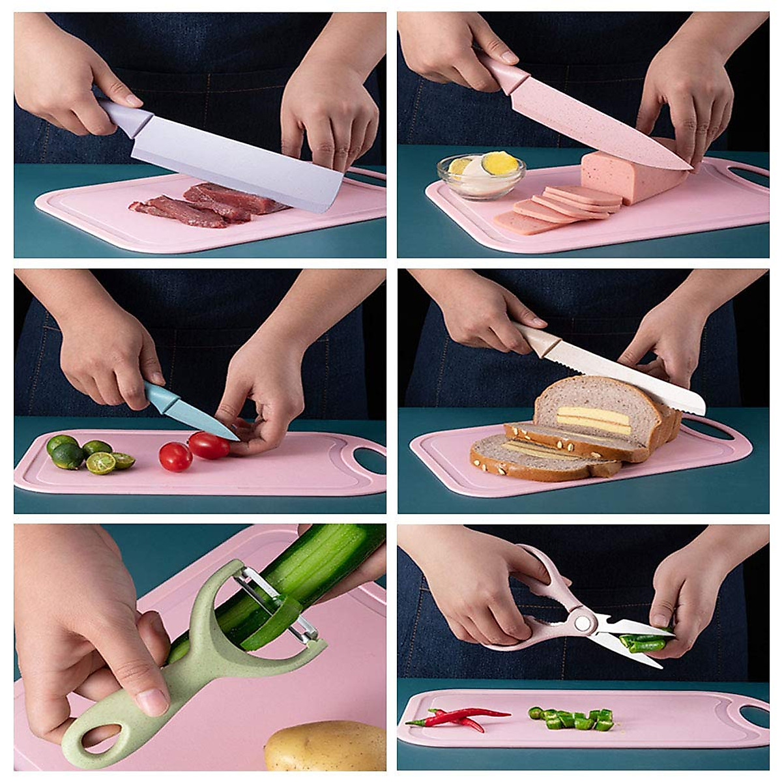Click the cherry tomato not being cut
tap(175, 456)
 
